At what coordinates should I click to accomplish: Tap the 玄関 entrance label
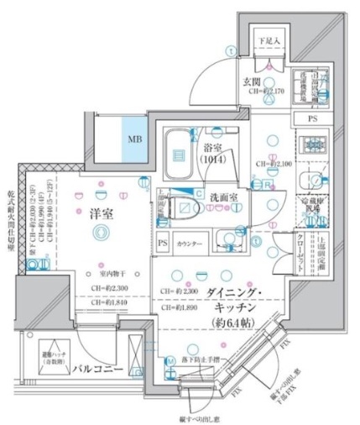[255, 81]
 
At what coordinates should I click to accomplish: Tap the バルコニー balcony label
[98, 370]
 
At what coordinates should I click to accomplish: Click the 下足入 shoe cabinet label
[268, 41]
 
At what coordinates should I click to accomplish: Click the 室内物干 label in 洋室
[109, 273]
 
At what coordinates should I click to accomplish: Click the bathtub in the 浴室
[177, 152]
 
